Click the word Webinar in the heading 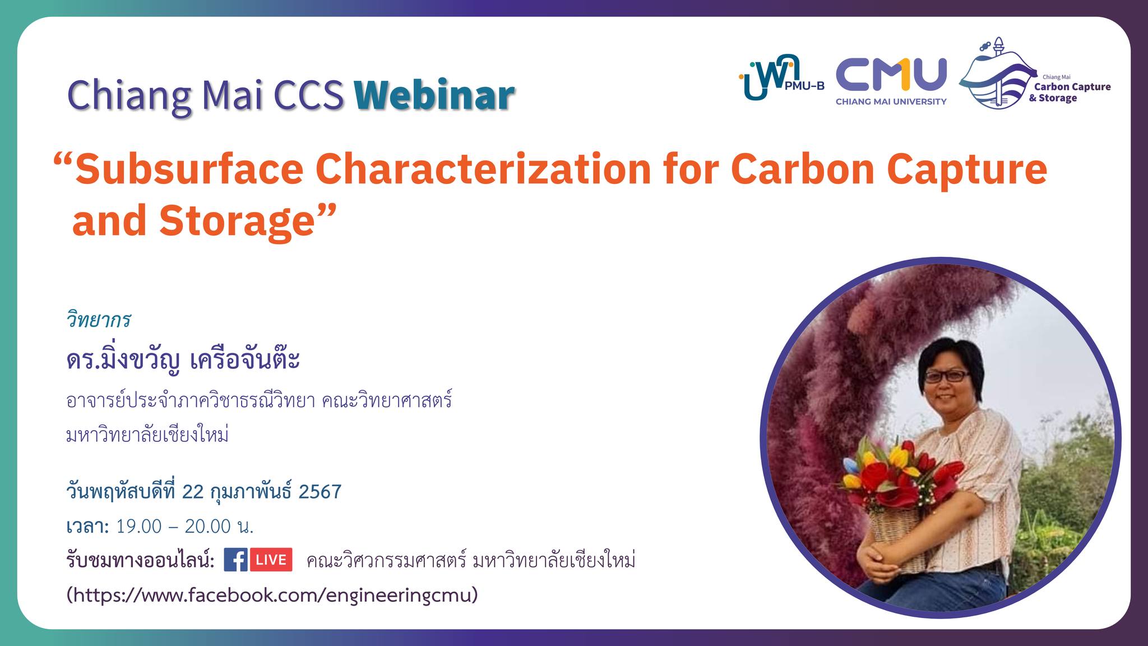[434, 95]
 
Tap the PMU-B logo [781, 79]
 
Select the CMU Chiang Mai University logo [891, 81]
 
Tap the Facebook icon [235, 560]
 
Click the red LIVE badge [271, 560]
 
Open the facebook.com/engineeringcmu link [272, 594]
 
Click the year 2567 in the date [320, 492]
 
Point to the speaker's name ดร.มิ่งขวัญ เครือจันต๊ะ [183, 359]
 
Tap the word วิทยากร [99, 320]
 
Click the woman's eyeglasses [946, 376]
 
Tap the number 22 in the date [193, 492]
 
